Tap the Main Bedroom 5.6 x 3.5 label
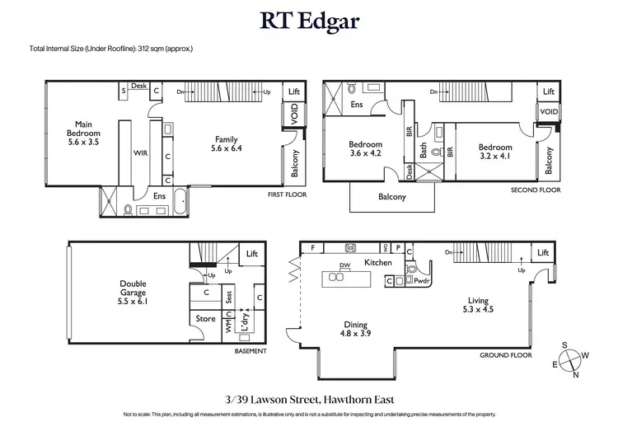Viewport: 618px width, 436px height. pos(83,133)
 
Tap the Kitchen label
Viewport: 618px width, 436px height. pos(379,262)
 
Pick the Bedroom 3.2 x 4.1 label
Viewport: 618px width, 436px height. pos(496,152)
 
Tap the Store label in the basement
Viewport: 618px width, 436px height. pos(204,318)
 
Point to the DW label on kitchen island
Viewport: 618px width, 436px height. pos(344,265)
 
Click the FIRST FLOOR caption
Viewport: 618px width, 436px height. pos(287,195)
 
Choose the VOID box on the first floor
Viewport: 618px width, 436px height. pos(293,118)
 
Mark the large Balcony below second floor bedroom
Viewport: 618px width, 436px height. pos(392,197)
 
